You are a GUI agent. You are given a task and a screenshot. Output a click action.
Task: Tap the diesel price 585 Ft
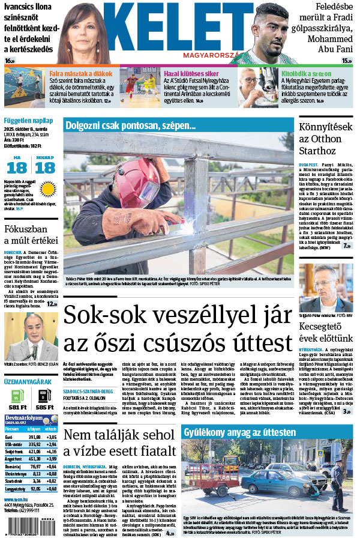[44, 407]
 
